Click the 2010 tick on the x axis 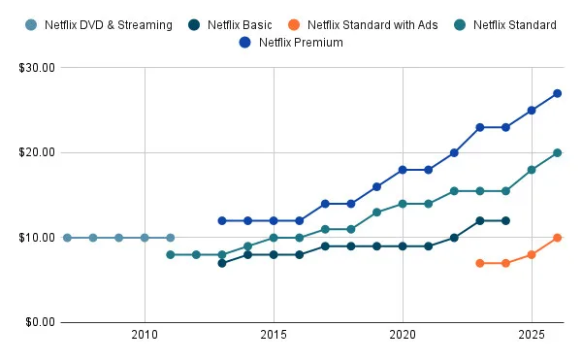point(145,335)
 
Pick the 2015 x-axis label point(274,335)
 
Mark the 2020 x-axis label point(403,335)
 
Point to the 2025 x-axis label point(532,335)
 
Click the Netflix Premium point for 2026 point(558,93)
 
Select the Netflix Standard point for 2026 point(558,152)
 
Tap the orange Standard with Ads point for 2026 point(558,238)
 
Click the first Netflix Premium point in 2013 point(222,220)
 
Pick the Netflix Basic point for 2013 point(222,263)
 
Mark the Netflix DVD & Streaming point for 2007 point(67,238)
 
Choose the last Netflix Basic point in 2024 point(505,220)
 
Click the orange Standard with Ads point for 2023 point(480,263)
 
